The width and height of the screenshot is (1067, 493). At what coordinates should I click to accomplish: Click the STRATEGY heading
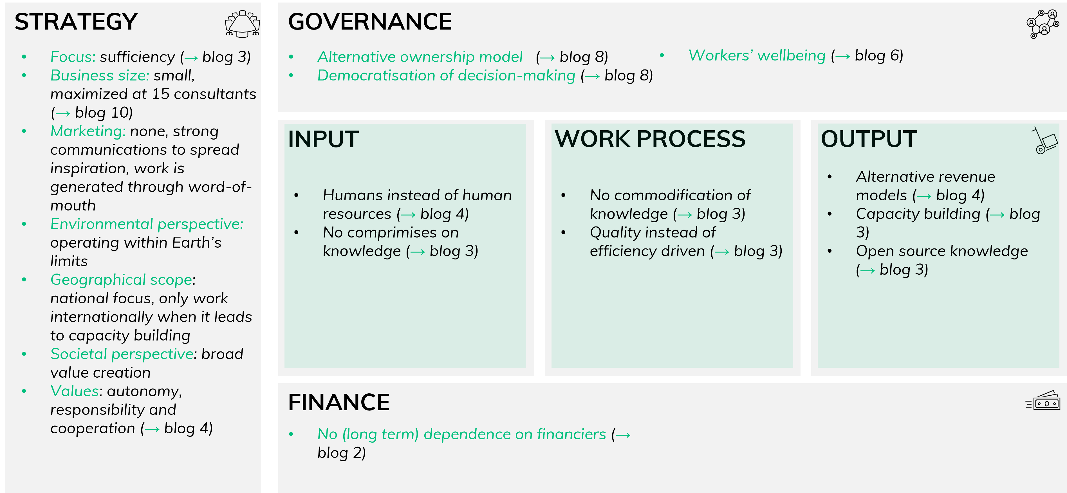76,22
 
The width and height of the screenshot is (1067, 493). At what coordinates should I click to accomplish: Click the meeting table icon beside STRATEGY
242,24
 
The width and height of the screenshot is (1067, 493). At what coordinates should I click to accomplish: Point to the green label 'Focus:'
73,57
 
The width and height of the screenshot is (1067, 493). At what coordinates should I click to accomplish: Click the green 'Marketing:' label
88,131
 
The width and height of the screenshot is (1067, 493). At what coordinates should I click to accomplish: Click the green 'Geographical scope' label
121,280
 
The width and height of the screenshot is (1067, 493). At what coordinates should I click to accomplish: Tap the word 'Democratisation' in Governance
376,75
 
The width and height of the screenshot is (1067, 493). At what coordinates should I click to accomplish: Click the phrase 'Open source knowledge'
942,251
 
